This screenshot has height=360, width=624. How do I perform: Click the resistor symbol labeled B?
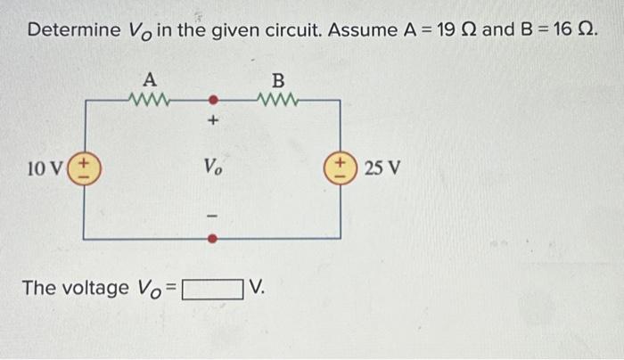coord(278,99)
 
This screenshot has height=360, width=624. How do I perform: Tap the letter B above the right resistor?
coord(278,78)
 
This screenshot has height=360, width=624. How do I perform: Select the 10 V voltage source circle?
coord(86,168)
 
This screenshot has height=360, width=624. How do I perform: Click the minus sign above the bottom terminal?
coord(213,214)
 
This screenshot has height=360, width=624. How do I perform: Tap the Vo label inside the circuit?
coord(213,167)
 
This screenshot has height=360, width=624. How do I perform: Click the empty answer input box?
coord(213,289)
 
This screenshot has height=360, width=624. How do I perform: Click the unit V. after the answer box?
coord(259,288)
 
